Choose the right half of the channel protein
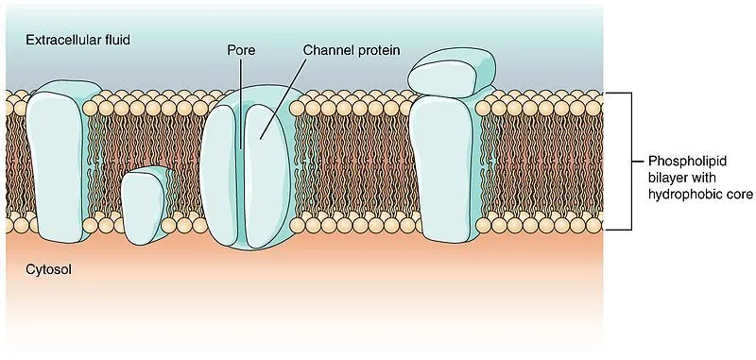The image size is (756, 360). tap(268, 170)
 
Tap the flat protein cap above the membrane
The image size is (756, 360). tap(452, 72)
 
